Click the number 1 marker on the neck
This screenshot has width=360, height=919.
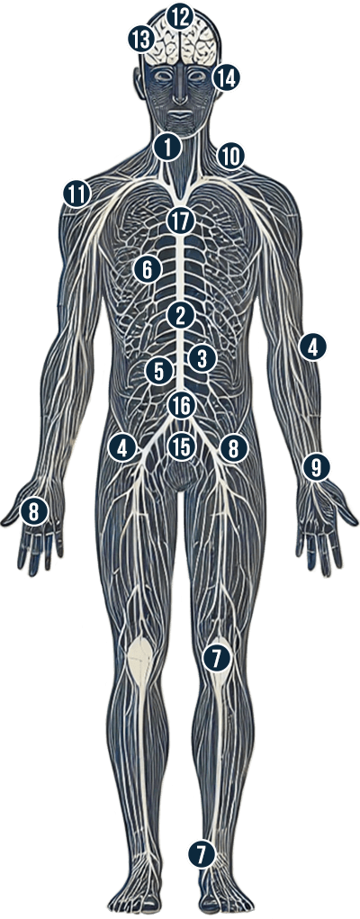(167, 147)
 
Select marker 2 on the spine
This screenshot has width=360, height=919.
(181, 317)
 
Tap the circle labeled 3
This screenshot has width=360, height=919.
(202, 358)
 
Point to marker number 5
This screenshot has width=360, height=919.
(159, 371)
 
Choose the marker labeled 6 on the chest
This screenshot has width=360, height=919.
(148, 270)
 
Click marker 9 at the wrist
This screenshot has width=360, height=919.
(316, 467)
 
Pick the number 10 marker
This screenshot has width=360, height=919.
(231, 157)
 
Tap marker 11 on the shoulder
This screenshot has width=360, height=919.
(76, 194)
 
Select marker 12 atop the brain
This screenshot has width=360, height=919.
(180, 17)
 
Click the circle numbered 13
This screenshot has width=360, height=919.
(141, 40)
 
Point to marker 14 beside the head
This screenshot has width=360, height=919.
(226, 77)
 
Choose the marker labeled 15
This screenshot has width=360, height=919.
(181, 447)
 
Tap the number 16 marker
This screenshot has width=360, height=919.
(181, 405)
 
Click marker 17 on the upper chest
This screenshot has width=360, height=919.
(180, 221)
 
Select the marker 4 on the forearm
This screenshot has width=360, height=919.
(312, 348)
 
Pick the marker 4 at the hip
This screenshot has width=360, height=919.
(122, 449)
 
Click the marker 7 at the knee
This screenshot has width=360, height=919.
(216, 658)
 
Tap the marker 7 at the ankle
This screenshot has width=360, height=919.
(202, 854)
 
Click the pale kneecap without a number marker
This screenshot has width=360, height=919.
(140, 661)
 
